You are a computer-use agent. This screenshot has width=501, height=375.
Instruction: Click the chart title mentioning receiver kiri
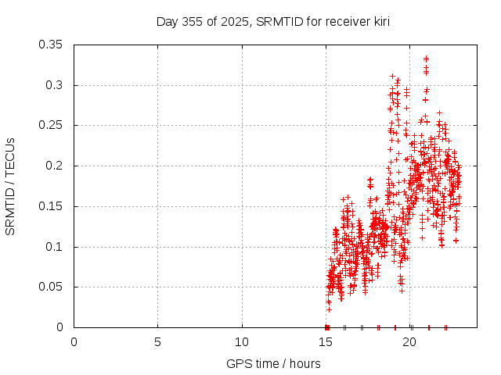pos(272,20)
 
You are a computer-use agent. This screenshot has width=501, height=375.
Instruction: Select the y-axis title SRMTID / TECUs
pos(10,186)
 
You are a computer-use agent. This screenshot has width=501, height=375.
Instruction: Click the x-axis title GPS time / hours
pos(273,363)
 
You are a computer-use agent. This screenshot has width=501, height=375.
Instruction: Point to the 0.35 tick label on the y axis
pos(51,45)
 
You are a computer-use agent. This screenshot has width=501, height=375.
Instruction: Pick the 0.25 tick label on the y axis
pos(51,125)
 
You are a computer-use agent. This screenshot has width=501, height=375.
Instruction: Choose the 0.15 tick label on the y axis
pos(51,206)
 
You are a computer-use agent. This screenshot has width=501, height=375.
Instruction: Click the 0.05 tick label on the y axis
pos(51,287)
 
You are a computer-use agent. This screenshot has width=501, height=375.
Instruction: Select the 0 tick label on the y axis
pos(60,327)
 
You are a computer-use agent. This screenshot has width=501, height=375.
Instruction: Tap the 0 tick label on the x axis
pos(74,342)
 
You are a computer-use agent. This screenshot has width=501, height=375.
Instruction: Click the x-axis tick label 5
pos(158,342)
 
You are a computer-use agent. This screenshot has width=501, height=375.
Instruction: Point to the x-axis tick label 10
pos(242,342)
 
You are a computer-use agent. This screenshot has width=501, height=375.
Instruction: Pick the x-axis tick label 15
pos(326,342)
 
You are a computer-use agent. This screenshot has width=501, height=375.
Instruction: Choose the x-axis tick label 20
pos(410,342)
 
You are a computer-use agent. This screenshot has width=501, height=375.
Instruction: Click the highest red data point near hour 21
pos(426,59)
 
